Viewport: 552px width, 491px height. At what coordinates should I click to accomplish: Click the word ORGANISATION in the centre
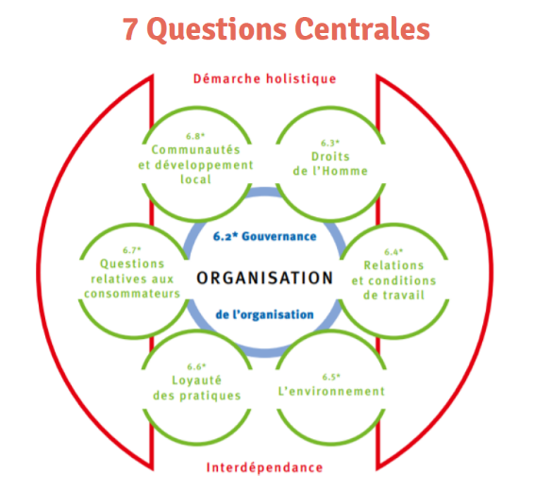265,278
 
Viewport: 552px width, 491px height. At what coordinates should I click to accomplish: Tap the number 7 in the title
129,29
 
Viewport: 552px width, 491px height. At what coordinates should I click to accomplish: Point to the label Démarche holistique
265,78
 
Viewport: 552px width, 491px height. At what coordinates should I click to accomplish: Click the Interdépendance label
264,467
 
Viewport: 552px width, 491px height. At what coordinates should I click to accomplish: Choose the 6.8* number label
195,136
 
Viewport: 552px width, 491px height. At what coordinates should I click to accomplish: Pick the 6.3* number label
330,143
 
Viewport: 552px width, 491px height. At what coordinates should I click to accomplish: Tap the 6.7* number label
132,250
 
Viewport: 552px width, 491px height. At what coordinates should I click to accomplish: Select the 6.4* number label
393,252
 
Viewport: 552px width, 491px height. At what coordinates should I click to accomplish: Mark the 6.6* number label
196,366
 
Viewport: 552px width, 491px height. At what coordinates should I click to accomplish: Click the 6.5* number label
331,377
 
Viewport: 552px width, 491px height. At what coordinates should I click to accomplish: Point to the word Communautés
195,150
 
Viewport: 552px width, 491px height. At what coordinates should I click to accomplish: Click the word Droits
330,157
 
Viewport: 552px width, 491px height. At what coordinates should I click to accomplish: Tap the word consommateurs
132,294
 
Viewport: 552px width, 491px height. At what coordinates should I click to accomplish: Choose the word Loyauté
196,381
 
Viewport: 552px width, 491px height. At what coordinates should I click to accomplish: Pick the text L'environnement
331,391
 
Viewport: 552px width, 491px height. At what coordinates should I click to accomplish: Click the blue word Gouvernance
279,236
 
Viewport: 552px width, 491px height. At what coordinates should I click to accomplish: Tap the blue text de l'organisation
264,314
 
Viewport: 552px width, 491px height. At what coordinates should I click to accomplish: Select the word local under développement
195,179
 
